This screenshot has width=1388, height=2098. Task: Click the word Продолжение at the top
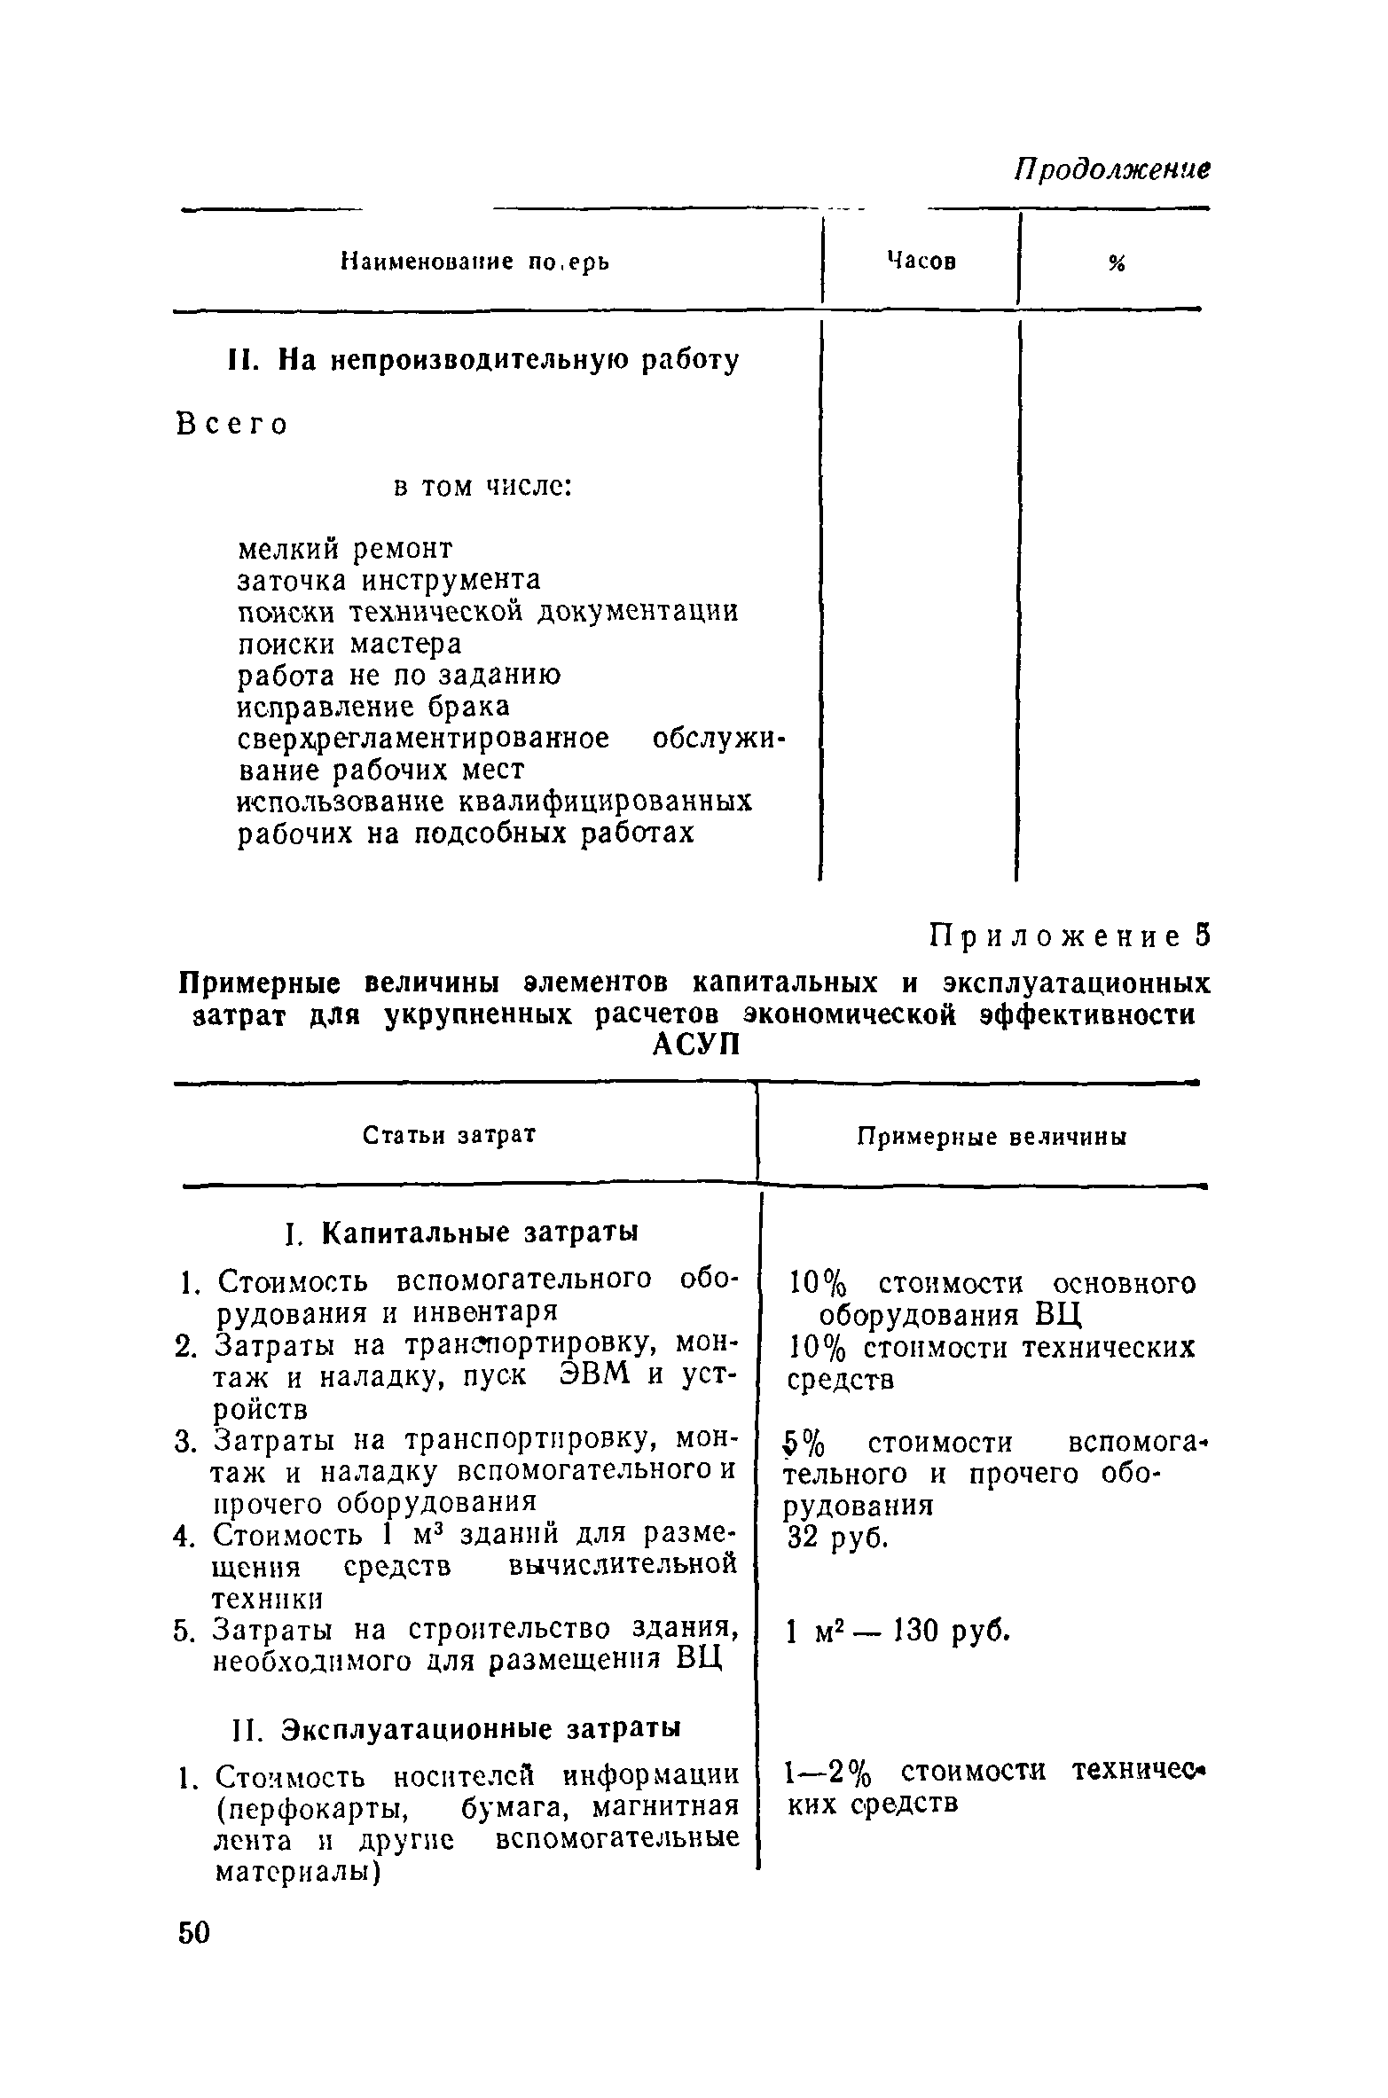[1112, 169]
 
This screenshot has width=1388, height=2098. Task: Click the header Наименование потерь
[475, 262]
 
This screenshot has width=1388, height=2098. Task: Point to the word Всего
[232, 425]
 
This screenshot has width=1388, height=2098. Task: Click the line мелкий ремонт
[346, 549]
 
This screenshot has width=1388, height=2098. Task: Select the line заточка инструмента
[388, 580]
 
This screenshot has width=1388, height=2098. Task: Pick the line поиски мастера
[349, 643]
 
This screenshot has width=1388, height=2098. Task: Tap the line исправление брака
[374, 707]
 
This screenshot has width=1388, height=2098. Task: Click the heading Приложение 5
[1069, 936]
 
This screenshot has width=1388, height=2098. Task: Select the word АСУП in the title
[695, 1045]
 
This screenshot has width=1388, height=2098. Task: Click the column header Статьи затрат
[451, 1136]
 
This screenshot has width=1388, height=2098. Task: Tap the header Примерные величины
[992, 1138]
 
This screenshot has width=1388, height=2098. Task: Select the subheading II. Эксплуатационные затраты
[457, 1729]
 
